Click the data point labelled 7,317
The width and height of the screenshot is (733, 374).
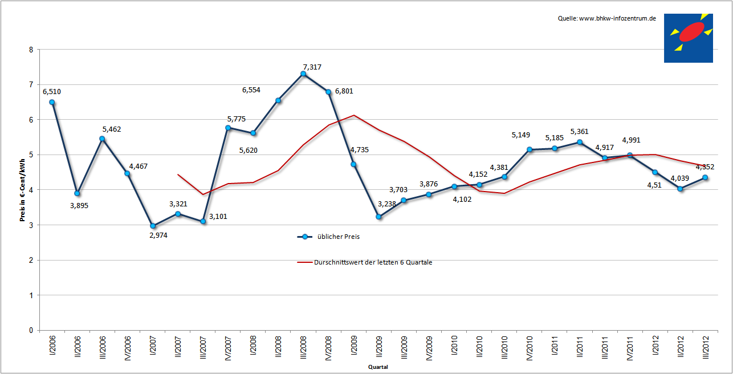coord(303,74)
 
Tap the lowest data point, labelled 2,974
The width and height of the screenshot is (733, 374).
coord(153,226)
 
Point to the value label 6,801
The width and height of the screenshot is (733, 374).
coord(344,91)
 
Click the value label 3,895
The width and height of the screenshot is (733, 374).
coord(79,206)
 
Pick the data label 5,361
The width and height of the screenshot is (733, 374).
coord(579,132)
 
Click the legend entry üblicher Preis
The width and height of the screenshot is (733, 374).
coord(328,237)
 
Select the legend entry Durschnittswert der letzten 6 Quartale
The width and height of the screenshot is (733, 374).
coord(365,262)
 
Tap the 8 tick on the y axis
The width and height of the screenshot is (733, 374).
coord(31,50)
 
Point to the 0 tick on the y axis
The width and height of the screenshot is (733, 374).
coord(31,331)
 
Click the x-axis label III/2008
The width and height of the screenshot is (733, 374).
coord(303,347)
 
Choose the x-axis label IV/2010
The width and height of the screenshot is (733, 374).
coord(530,348)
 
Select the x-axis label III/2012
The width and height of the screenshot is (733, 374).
coord(706,347)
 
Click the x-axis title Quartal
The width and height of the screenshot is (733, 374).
coord(378,367)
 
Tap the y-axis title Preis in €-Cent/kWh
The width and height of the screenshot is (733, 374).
coord(22,190)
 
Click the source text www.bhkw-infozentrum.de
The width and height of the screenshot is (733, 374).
coord(617,19)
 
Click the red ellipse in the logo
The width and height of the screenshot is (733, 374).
coord(691,32)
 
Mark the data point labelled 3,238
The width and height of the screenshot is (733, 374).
coord(378,217)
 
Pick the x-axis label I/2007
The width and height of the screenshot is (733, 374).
coord(153,345)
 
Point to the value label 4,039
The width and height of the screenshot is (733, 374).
coord(679,178)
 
